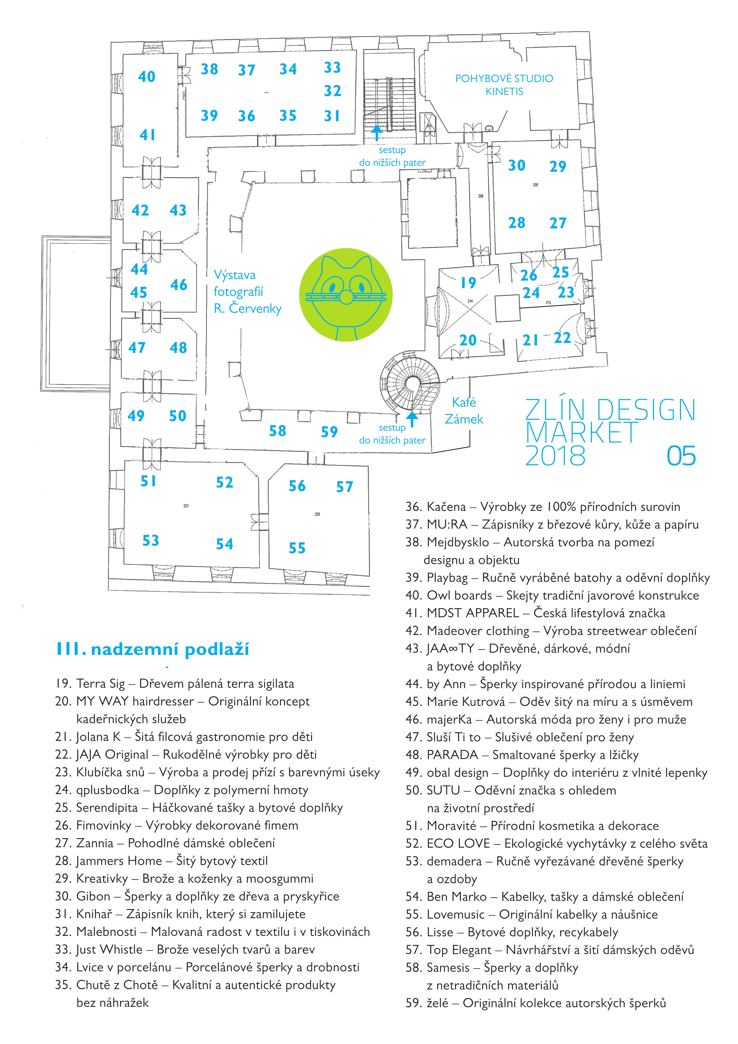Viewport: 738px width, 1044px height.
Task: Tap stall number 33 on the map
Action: (332, 68)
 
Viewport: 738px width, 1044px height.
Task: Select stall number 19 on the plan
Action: (468, 283)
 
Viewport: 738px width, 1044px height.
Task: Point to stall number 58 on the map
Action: (277, 431)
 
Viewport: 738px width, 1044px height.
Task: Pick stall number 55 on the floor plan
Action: (297, 548)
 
